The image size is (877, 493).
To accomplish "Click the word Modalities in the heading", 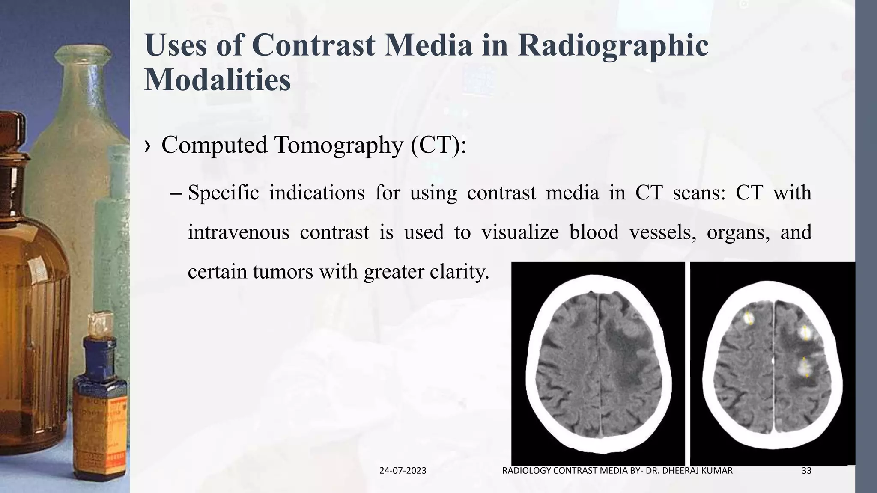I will pos(218,80).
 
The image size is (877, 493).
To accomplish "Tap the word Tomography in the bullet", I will pos(339,145).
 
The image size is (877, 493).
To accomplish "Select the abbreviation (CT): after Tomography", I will pos(438,145).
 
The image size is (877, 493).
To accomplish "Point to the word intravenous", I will pos(238,232).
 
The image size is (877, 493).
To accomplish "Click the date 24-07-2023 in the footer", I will pos(403,471).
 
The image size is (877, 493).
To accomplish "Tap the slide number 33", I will pos(806,471).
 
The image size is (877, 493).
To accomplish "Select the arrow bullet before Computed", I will pos(148,146).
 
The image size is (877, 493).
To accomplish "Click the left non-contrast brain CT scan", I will pos(598,364).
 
